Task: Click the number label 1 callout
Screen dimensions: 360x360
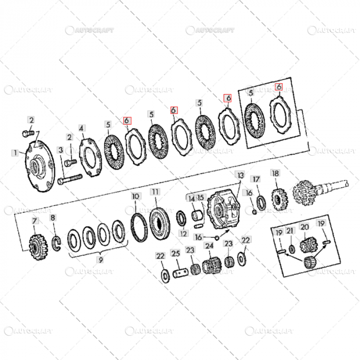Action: pyautogui.click(x=15, y=153)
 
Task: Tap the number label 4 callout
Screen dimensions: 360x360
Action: pyautogui.click(x=81, y=128)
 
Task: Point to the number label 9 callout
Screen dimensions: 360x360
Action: pyautogui.click(x=100, y=260)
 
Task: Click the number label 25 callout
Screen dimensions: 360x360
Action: pyautogui.click(x=175, y=254)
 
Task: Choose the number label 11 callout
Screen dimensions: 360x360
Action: pyautogui.click(x=155, y=191)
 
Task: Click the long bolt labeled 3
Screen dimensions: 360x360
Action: pyautogui.click(x=71, y=180)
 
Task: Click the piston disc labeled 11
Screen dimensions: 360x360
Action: pyautogui.click(x=159, y=222)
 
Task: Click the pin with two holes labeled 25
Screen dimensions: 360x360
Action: pyautogui.click(x=179, y=273)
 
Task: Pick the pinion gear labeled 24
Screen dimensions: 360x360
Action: pyautogui.click(x=209, y=267)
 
